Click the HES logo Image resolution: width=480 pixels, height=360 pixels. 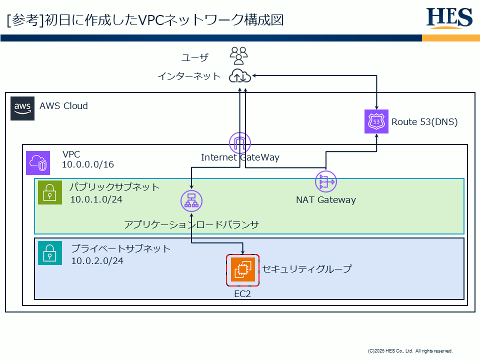[x=449, y=18]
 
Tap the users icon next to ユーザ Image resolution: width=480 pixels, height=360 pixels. [x=239, y=55]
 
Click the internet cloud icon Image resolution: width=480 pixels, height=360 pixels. [x=239, y=76]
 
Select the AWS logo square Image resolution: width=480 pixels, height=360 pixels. [x=23, y=108]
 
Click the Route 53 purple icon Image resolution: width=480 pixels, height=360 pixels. [x=376, y=121]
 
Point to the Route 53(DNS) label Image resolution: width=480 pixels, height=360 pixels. [x=424, y=121]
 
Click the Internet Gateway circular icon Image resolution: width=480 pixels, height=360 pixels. [x=239, y=143]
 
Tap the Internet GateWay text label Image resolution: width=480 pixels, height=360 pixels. [x=240, y=157]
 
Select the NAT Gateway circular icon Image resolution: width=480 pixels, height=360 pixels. [x=326, y=181]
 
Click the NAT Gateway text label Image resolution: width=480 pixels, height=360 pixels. [x=326, y=200]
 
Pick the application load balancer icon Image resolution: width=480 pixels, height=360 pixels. [x=191, y=200]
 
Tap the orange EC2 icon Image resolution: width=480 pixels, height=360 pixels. [x=242, y=269]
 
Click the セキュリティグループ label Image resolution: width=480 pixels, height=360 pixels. [x=307, y=269]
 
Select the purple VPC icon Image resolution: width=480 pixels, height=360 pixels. [x=38, y=163]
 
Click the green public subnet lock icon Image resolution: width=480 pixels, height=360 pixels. [x=50, y=192]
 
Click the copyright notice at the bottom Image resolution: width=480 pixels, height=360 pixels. [x=410, y=351]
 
